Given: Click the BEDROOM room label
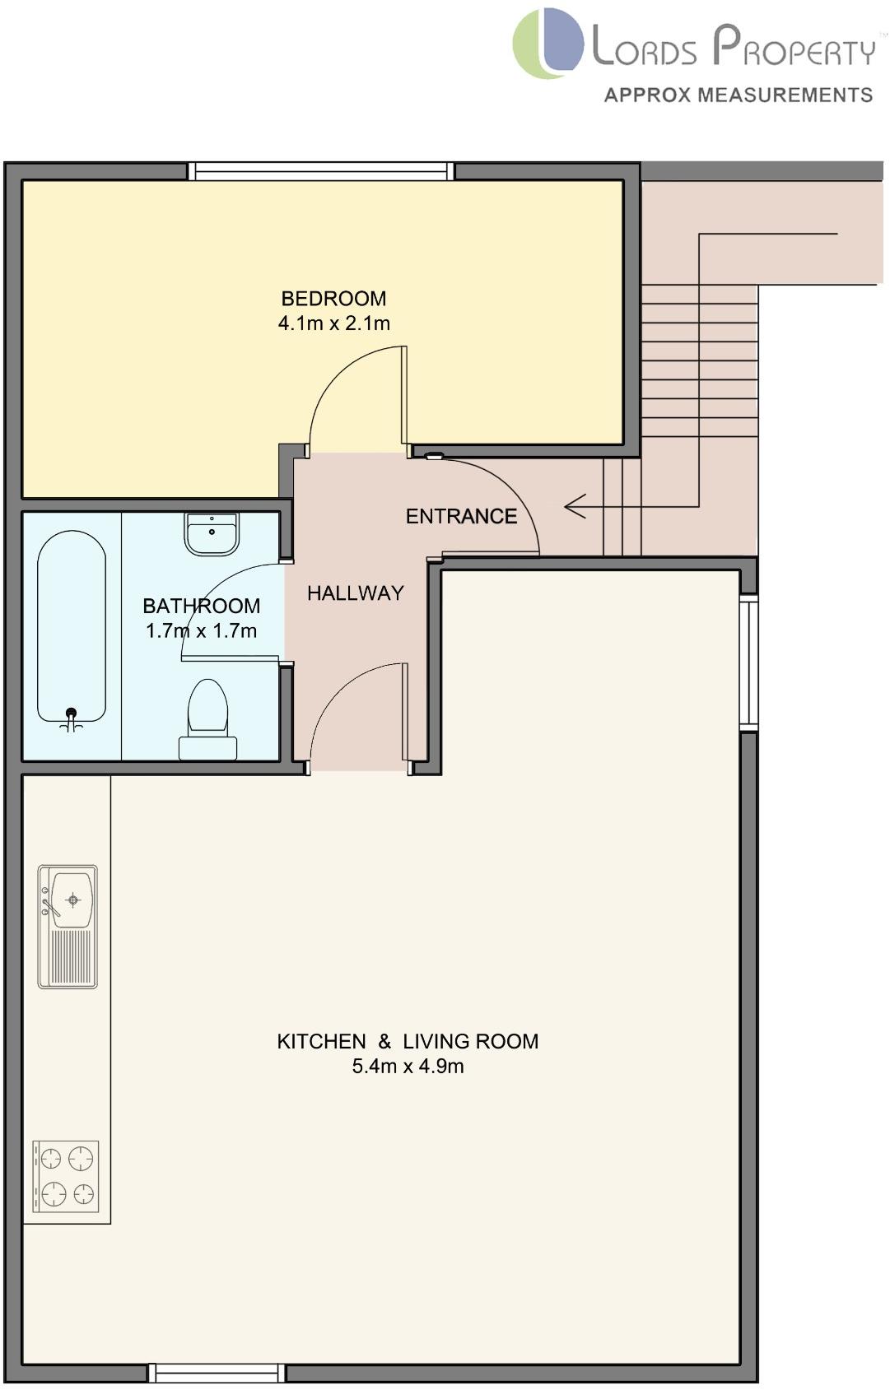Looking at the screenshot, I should click(333, 299).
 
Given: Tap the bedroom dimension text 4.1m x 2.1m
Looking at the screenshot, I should click(333, 323).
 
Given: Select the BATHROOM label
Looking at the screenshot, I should click(201, 607).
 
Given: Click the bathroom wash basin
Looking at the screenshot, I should click(212, 533).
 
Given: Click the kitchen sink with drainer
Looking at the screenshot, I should click(68, 926).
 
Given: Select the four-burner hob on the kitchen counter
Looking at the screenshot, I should click(66, 1176).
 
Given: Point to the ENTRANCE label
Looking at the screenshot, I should click(461, 517).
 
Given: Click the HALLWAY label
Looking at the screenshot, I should click(355, 593).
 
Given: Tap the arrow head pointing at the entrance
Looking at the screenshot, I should click(574, 506).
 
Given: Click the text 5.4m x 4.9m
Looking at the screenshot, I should click(408, 1067).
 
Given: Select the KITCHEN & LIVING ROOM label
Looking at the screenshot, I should click(408, 1042).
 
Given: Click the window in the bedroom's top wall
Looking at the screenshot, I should click(321, 171).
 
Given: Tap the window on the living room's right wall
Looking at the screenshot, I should click(748, 662).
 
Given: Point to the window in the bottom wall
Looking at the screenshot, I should click(217, 1373).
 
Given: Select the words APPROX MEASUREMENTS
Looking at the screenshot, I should click(738, 95).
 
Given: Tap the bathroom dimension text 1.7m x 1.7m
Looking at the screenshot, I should click(201, 631).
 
